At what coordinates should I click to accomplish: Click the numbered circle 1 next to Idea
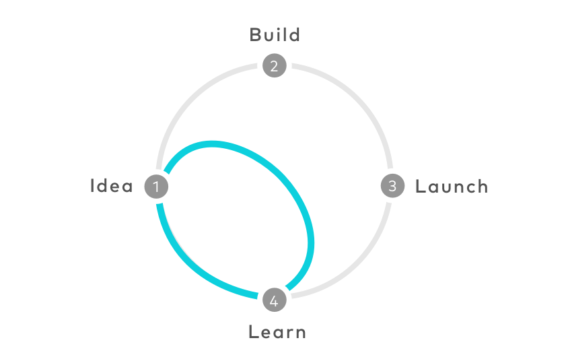[157, 187]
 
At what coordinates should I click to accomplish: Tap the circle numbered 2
[274, 67]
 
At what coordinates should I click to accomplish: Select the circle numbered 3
[392, 186]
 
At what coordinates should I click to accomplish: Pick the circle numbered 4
[274, 301]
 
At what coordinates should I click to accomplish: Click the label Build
[275, 35]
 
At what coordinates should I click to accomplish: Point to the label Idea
[113, 187]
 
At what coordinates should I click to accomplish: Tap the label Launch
[450, 187]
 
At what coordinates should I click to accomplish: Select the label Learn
[277, 331]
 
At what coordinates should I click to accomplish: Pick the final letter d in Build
[293, 35]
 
